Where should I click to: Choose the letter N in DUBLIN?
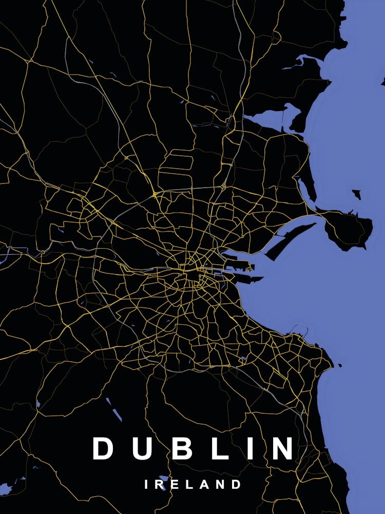282,448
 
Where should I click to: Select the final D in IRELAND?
236,484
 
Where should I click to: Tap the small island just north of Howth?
356,194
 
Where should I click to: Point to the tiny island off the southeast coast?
339,365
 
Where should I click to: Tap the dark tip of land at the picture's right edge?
383,81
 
